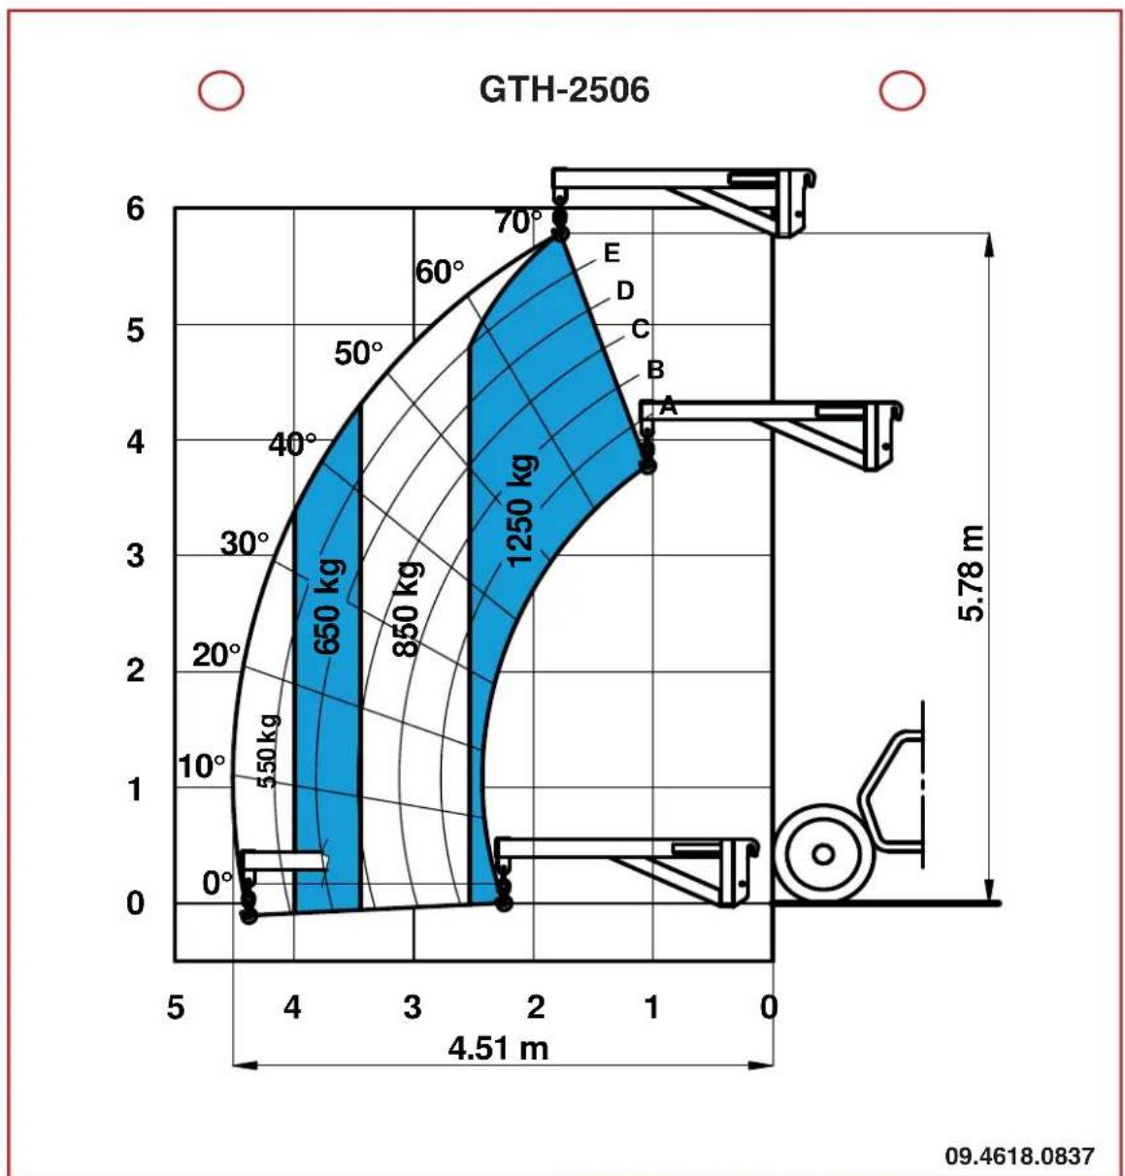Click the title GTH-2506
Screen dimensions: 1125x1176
click(564, 90)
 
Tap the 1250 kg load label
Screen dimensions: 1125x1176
click(521, 510)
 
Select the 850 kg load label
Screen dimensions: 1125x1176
click(407, 609)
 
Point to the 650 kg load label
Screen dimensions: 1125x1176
click(329, 606)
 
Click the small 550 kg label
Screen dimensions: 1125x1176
click(268, 751)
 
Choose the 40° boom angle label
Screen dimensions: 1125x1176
click(292, 444)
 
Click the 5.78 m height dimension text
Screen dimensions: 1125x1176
click(971, 573)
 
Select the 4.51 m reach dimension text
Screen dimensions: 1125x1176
click(499, 1048)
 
